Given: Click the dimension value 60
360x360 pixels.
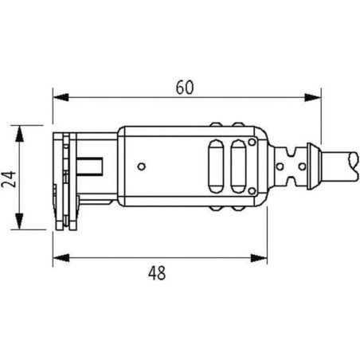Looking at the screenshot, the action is pos(185,88).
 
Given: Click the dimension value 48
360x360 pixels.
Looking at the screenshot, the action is pos(157,273).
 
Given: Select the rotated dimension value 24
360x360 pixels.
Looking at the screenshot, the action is pos(9,179).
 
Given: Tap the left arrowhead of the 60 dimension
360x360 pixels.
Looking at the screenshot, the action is pos(61,97).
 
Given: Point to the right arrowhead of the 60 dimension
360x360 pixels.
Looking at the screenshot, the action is pos(313,97).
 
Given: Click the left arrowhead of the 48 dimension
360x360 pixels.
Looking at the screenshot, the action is pos(61,258).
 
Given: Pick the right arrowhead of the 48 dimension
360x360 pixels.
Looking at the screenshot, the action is pos(259,258).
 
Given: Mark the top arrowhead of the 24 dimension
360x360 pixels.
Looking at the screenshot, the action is pos(19,134).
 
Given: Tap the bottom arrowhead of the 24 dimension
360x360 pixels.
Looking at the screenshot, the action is pos(19,221).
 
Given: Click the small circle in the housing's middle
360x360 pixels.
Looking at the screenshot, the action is pos(142,166).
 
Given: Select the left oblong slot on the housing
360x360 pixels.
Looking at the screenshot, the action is pos(216,166).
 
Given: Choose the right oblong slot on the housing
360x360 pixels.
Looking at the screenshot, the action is pos(238,166).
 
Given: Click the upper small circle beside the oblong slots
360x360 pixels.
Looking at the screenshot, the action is pos(252,143).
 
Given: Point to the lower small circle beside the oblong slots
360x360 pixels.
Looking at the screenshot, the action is pos(252,190).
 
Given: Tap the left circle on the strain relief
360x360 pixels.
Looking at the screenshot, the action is pos(280,166).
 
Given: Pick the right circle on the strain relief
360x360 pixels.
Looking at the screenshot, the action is pos(302,166).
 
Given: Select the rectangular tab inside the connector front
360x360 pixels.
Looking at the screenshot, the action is pos(90,166).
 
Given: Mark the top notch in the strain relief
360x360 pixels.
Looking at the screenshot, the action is pos(292,151).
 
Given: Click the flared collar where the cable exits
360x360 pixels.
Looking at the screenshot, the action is pos(313,166).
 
